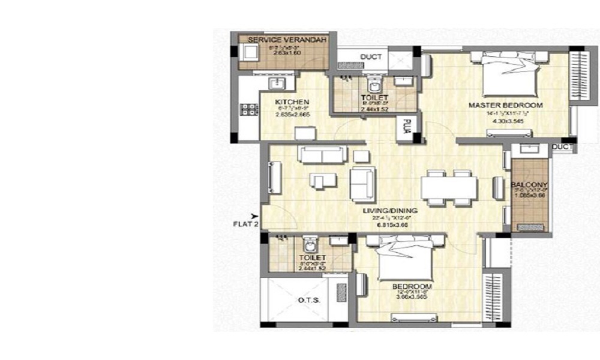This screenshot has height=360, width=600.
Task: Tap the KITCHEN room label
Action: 292,102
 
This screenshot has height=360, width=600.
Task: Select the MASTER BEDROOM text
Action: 505,106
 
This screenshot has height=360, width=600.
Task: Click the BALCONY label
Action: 527,185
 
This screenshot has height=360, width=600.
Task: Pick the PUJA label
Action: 406,128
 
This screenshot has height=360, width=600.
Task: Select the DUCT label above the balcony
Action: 563,147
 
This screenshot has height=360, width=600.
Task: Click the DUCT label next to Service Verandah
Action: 371,58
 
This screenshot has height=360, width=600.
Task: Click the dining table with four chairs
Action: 449,187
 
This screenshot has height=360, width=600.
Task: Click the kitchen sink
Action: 278,82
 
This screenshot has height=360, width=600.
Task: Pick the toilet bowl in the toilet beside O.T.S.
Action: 310,245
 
